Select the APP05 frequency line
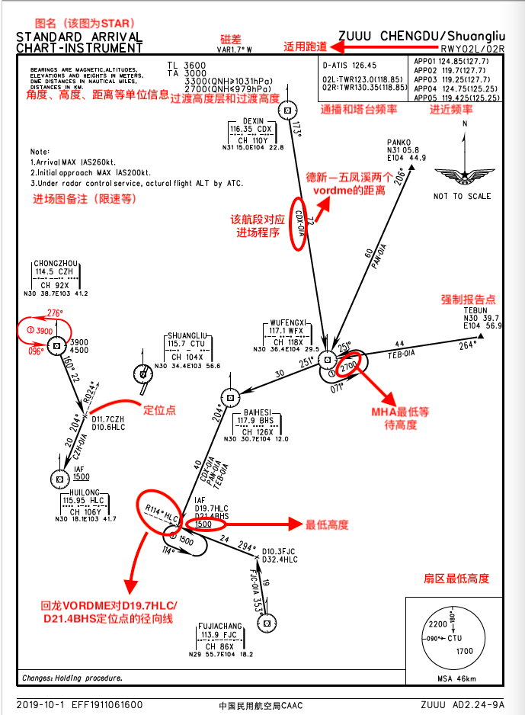[456, 98]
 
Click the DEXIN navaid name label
[253, 121]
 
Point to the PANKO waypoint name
[399, 142]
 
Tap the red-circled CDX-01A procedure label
[299, 226]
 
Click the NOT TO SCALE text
[462, 196]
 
